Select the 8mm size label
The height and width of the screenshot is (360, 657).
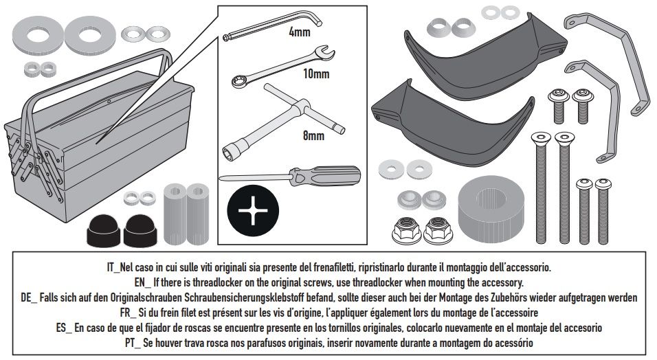[313, 135]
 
